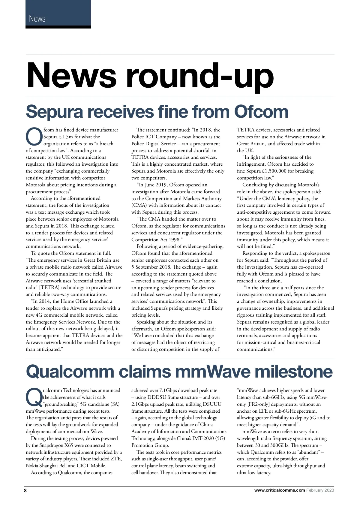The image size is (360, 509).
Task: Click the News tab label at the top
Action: [37, 19]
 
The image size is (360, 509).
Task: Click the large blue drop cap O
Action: [34, 137]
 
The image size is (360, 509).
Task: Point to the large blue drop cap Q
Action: [34, 397]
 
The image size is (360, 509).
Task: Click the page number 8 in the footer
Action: [25, 490]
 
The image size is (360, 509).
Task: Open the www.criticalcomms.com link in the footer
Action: [279, 490]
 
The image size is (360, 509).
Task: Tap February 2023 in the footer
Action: [320, 490]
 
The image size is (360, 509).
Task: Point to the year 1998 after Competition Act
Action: [173, 239]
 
